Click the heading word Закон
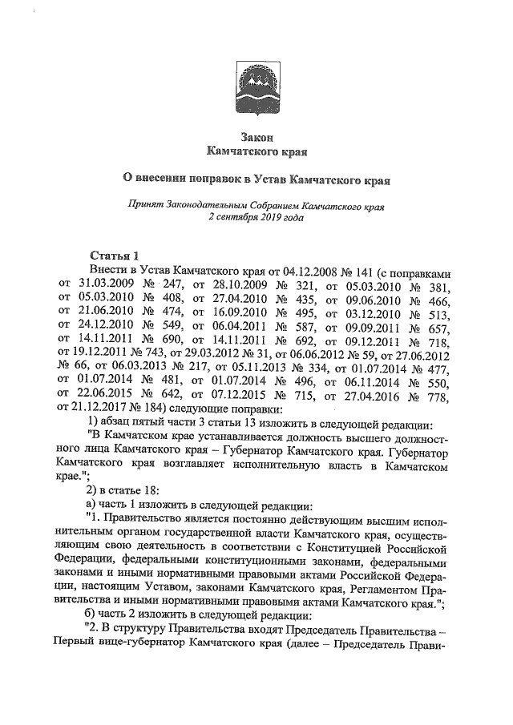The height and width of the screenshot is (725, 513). [256, 137]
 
